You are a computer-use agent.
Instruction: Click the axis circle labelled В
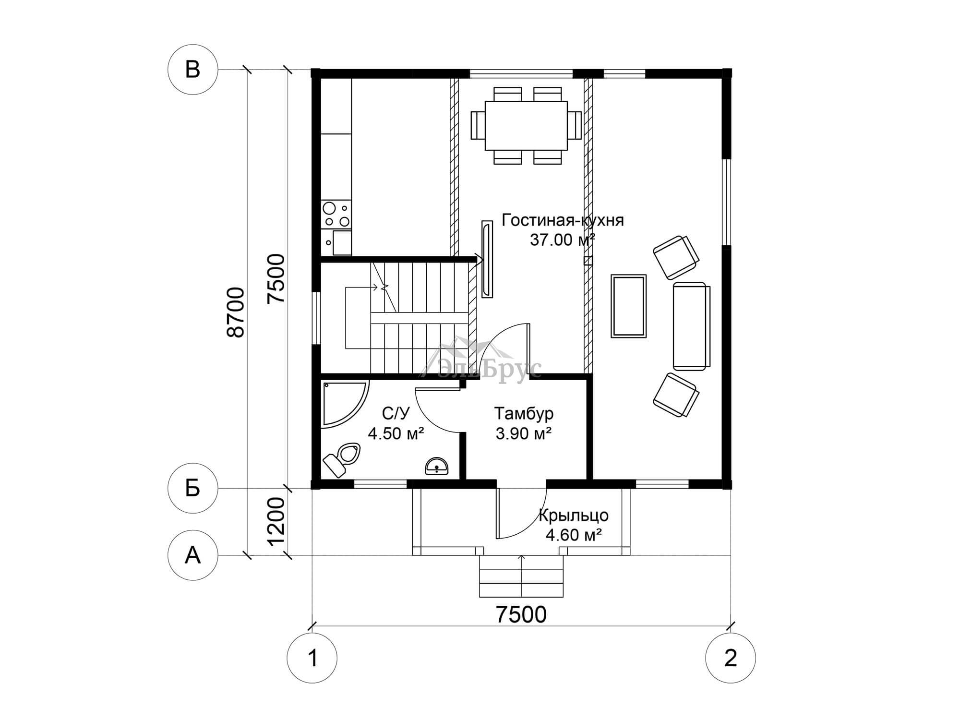[192, 70]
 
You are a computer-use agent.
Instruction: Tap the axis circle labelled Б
[192, 489]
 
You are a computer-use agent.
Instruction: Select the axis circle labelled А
[192, 555]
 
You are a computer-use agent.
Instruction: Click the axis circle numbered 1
[312, 658]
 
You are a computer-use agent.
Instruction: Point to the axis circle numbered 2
[730, 658]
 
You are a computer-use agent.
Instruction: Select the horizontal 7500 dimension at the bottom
[521, 614]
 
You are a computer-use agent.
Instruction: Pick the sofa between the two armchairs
[691, 326]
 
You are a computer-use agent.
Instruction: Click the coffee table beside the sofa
[628, 306]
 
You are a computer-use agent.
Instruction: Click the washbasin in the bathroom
[436, 466]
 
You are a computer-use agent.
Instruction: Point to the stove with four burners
[336, 214]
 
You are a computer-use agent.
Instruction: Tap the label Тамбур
[524, 413]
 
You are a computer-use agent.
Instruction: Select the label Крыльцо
[574, 516]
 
